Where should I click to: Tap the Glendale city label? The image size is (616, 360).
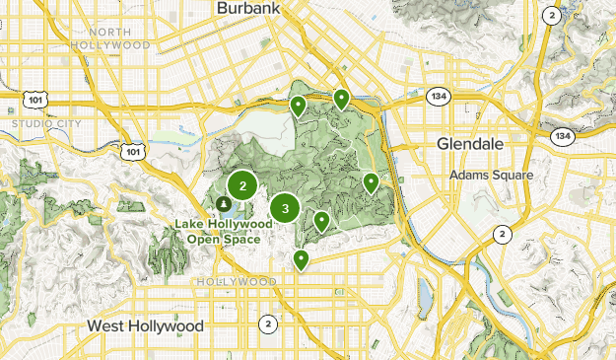470,144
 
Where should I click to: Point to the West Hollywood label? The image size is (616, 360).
145,325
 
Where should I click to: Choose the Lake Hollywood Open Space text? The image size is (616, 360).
218,231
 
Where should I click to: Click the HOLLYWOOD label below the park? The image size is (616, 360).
237,282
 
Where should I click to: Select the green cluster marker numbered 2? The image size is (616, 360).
242,185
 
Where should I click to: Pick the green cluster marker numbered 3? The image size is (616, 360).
285,208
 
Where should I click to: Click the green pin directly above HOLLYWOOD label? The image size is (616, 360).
301,259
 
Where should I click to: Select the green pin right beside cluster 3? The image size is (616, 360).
321,221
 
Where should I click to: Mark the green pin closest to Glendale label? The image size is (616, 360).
371,182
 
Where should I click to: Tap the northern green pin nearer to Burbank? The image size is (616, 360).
298,105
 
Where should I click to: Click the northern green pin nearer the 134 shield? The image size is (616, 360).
341,98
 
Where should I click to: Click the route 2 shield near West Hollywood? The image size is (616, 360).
267,324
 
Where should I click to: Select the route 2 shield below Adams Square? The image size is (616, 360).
503,234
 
